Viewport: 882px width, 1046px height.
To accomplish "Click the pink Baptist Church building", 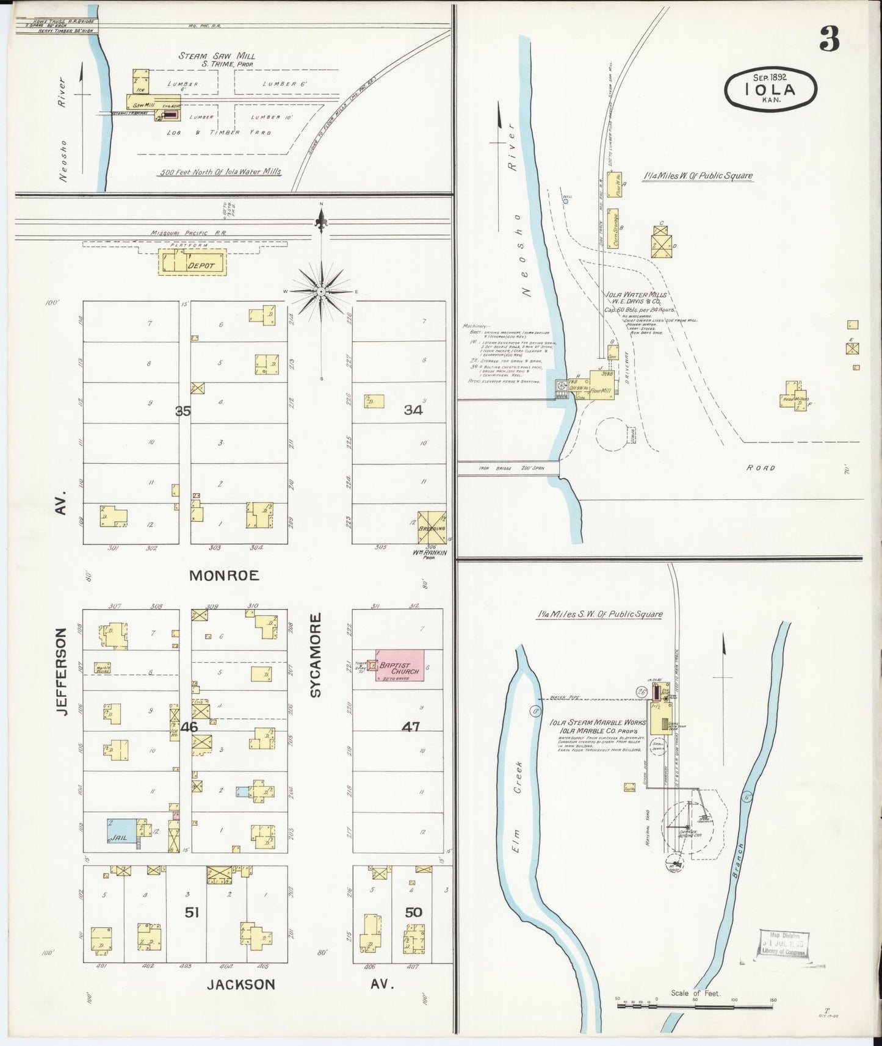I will pos(400,666).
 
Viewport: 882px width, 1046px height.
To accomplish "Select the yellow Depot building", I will pos(193,262).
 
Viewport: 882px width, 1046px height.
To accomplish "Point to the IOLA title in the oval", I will pos(770,90).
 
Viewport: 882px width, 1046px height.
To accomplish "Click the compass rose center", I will pos(322,292).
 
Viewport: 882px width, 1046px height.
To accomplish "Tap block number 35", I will pos(183,411).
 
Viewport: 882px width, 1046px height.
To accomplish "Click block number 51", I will pos(192,912).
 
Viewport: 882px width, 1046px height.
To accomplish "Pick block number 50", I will pos(413,912).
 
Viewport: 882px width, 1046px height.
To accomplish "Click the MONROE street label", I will pos(224,575).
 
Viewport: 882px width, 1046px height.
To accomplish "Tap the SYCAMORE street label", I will pos(316,655).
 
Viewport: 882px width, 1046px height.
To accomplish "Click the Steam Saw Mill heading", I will pos(217,56).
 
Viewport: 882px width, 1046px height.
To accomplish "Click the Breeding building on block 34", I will pos(432,528).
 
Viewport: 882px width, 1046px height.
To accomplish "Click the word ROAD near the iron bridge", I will pos(761,468).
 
